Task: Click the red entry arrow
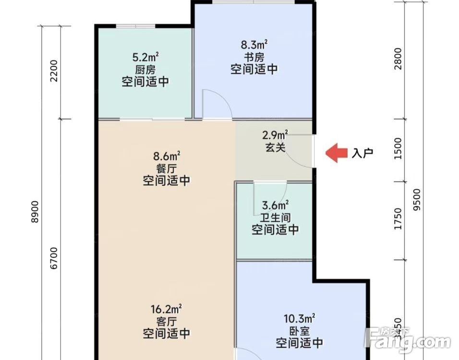(336, 153)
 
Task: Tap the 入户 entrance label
(362, 154)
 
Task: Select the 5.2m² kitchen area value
(145, 58)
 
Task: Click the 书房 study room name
(254, 57)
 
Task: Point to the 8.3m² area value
(254, 45)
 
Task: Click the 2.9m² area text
(275, 134)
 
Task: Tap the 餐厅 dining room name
(167, 168)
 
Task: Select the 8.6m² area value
(167, 156)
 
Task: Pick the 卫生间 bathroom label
(275, 217)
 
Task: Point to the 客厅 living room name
(167, 321)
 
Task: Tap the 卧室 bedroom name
(299, 331)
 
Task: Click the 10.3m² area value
(299, 318)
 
